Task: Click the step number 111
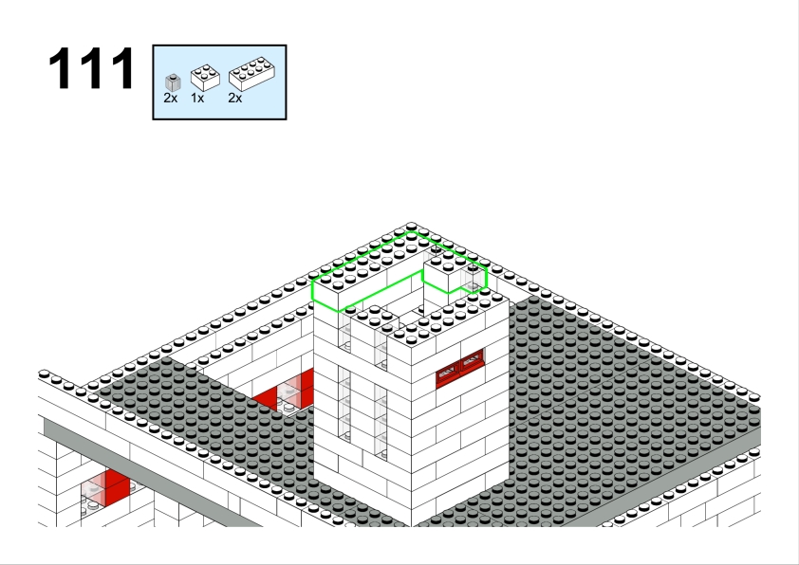click(92, 68)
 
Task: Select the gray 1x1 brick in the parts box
click(174, 83)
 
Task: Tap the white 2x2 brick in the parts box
click(205, 78)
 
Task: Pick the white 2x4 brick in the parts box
click(251, 74)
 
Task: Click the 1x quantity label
click(197, 99)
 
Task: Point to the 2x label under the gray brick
click(171, 99)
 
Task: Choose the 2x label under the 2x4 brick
click(235, 99)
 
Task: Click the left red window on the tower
click(448, 375)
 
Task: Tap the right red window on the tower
click(472, 362)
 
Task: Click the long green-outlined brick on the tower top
click(368, 269)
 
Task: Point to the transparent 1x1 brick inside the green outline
click(474, 279)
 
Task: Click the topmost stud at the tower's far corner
click(411, 226)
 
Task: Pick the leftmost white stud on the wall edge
click(44, 374)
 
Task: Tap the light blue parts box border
click(219, 46)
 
